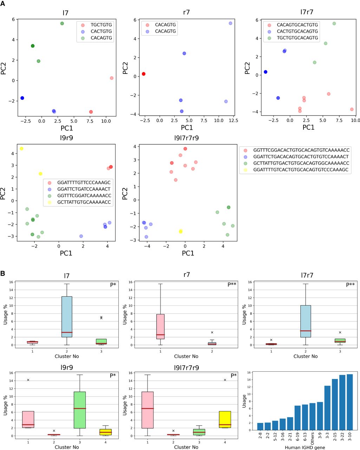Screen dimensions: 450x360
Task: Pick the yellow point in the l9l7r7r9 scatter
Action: point(181,231)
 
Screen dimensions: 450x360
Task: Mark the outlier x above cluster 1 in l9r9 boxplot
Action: point(28,380)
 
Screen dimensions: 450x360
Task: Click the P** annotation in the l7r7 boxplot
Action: point(350,284)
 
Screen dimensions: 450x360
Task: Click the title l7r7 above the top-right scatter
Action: point(305,12)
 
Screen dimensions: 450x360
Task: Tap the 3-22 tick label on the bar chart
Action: point(342,437)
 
